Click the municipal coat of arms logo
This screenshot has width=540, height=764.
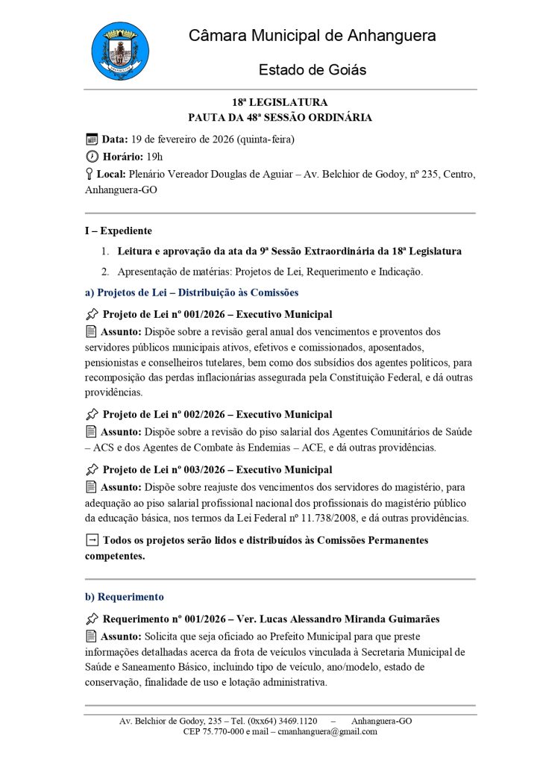click(119, 51)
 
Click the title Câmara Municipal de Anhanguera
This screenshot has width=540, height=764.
click(312, 36)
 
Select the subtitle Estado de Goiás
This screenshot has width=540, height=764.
click(312, 70)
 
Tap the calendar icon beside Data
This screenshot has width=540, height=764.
click(92, 139)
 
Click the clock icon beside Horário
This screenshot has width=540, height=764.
click(92, 156)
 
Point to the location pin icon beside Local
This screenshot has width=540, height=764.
click(90, 174)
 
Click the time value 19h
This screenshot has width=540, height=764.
click(154, 157)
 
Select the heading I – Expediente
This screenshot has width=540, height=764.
click(119, 231)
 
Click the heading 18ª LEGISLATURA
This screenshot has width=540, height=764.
click(280, 102)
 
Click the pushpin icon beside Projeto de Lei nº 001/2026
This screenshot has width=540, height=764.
click(92, 314)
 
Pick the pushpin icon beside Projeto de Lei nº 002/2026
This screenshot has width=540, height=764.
click(92, 414)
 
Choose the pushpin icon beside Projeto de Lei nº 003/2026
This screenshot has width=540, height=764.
click(92, 469)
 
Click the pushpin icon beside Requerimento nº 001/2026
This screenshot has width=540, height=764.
click(92, 619)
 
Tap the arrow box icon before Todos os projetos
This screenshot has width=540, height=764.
click(92, 540)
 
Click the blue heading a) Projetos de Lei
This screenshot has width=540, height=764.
click(192, 292)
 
